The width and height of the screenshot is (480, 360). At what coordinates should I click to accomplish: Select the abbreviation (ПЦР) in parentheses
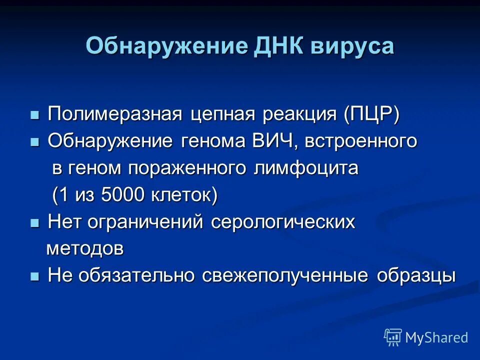371,115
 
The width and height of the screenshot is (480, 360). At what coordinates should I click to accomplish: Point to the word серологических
283,222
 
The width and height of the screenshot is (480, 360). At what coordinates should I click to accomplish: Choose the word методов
85,248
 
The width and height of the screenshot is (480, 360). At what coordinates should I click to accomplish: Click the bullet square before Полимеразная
34,115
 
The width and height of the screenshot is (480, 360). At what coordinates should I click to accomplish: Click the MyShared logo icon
393,337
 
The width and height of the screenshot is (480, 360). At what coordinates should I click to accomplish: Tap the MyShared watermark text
436,338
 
